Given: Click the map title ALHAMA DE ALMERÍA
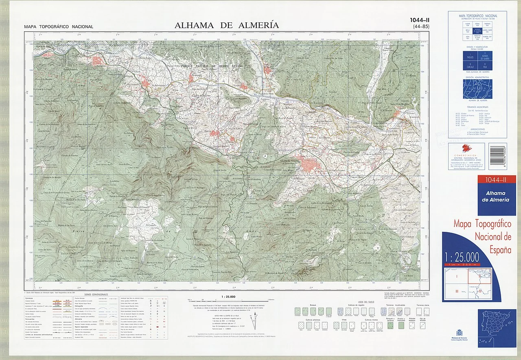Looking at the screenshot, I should click(x=227, y=25).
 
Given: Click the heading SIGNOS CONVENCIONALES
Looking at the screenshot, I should click(x=96, y=294).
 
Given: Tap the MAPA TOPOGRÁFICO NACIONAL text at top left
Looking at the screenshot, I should click(x=59, y=27).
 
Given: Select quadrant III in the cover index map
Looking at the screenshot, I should click(x=456, y=291).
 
